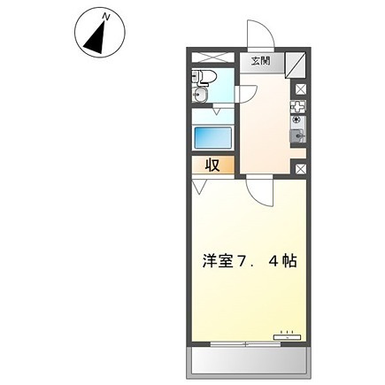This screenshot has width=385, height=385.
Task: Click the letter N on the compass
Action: [x=106, y=15]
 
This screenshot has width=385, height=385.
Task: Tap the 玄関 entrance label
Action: [x=259, y=62]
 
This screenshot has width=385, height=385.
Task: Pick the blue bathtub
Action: [x=212, y=138]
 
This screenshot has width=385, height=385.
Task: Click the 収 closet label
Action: [x=213, y=164]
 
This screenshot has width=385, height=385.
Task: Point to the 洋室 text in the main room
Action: [x=219, y=263]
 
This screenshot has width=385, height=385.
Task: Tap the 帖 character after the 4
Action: [x=289, y=263]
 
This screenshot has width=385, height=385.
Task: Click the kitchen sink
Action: [x=298, y=135]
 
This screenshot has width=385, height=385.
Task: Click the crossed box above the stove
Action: [x=299, y=89]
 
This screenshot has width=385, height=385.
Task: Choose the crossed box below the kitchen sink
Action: [x=299, y=166]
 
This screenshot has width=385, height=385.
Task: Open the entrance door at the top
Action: [x=258, y=35]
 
